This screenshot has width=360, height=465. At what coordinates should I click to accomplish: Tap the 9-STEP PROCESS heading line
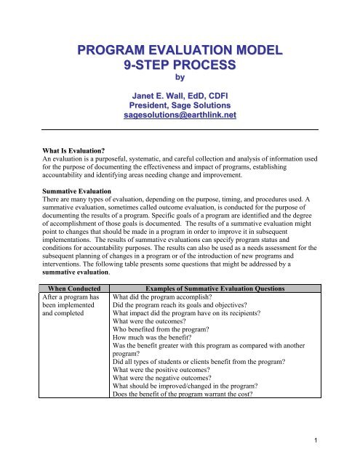click(179, 66)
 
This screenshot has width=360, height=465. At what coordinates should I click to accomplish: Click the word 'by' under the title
click(179, 79)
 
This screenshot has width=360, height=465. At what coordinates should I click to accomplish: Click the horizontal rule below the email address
click(179, 128)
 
